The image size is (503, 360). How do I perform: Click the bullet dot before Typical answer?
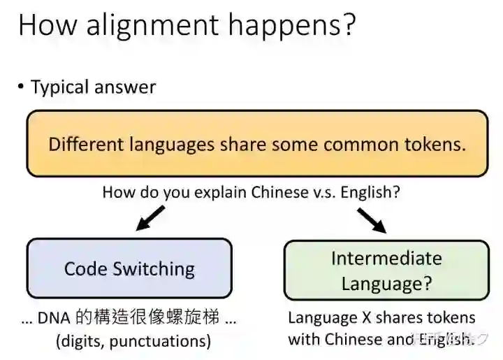coord(22,87)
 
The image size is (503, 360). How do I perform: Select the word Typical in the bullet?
coord(60,87)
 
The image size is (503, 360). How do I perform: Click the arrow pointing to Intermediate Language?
coord(371,220)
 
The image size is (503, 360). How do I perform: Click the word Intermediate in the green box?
coord(386,258)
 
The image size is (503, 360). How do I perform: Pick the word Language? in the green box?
coord(386,283)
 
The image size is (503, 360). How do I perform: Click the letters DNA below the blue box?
coord(54,318)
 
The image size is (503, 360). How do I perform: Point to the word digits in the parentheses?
coord(83,341)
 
